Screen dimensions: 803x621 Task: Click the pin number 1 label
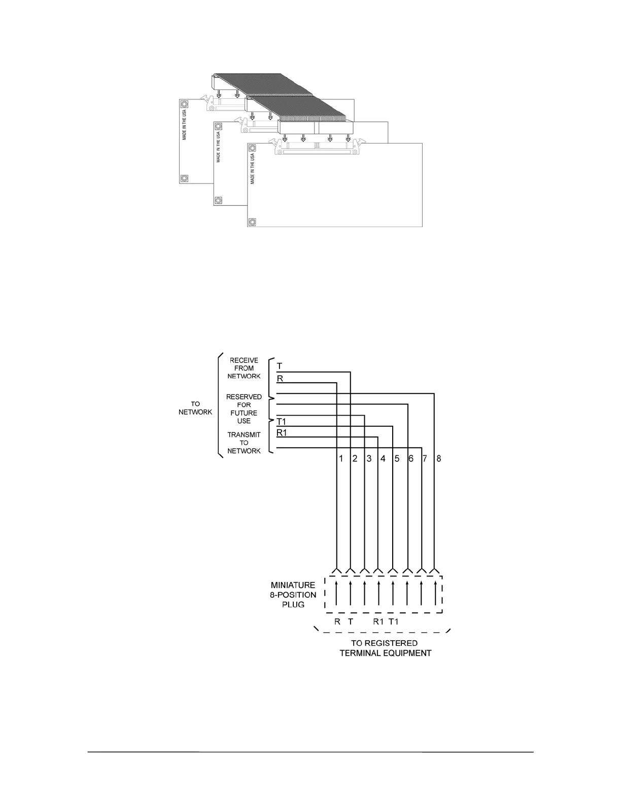(x=341, y=459)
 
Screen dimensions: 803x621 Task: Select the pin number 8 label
(x=439, y=459)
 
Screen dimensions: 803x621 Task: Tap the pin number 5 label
(x=397, y=459)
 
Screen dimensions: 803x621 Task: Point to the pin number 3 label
(x=369, y=459)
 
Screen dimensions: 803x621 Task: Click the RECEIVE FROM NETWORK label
(x=244, y=369)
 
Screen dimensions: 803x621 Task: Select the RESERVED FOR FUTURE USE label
(x=244, y=409)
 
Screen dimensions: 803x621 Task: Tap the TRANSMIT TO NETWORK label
(x=244, y=443)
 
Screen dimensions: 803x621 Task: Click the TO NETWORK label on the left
(x=195, y=408)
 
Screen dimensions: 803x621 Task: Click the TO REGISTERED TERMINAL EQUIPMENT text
(x=385, y=648)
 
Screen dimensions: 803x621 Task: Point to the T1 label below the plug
(x=394, y=622)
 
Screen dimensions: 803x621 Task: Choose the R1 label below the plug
(x=378, y=622)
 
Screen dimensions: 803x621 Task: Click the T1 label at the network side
(x=282, y=422)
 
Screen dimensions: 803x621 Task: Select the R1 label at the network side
(x=282, y=433)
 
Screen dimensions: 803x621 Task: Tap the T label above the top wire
(x=280, y=366)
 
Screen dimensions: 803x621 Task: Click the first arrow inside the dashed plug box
(x=337, y=594)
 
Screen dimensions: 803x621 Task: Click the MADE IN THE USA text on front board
(x=253, y=168)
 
